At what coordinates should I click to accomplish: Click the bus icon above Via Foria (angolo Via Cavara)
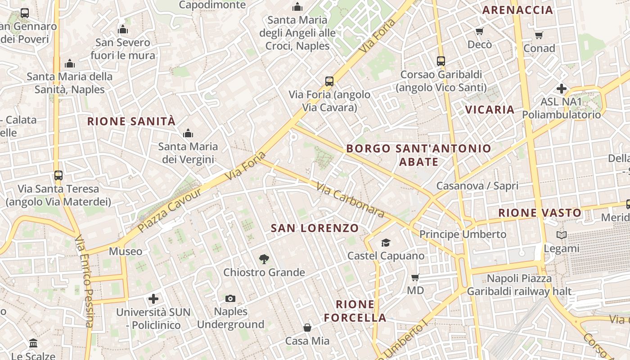[329, 81]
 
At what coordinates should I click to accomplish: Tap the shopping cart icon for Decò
[480, 31]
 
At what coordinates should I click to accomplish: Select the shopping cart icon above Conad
[539, 35]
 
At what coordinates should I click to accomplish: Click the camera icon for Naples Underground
[230, 298]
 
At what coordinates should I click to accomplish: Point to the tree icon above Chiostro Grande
[264, 259]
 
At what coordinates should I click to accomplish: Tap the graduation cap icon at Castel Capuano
[386, 243]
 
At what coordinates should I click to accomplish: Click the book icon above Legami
[562, 235]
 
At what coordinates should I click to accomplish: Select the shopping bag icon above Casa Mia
[307, 327]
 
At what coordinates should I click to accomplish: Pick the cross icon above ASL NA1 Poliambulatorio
[562, 88]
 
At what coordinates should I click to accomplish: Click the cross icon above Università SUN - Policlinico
[153, 298]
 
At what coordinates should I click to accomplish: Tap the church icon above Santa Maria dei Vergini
[188, 133]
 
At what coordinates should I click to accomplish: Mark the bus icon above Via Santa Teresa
[58, 175]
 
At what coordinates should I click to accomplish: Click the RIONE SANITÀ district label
[131, 121]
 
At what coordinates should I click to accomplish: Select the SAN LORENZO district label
[315, 228]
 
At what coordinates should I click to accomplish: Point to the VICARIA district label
[490, 109]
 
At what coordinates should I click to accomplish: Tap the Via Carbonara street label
[350, 200]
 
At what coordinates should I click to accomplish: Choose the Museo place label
[126, 251]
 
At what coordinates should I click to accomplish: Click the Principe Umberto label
[463, 234]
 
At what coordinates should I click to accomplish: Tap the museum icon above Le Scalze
[33, 343]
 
